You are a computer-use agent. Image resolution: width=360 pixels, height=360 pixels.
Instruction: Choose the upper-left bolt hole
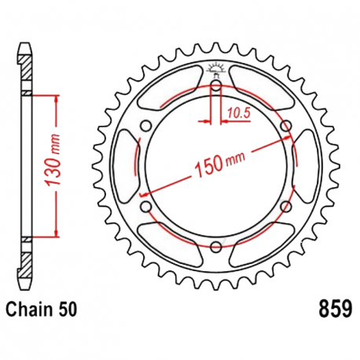[145, 124]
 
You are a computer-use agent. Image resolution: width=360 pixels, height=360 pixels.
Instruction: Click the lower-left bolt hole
[145, 207]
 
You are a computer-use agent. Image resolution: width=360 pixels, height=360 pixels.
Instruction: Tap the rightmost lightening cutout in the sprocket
[303, 165]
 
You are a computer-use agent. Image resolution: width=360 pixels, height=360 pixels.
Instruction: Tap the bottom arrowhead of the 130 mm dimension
[57, 233]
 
